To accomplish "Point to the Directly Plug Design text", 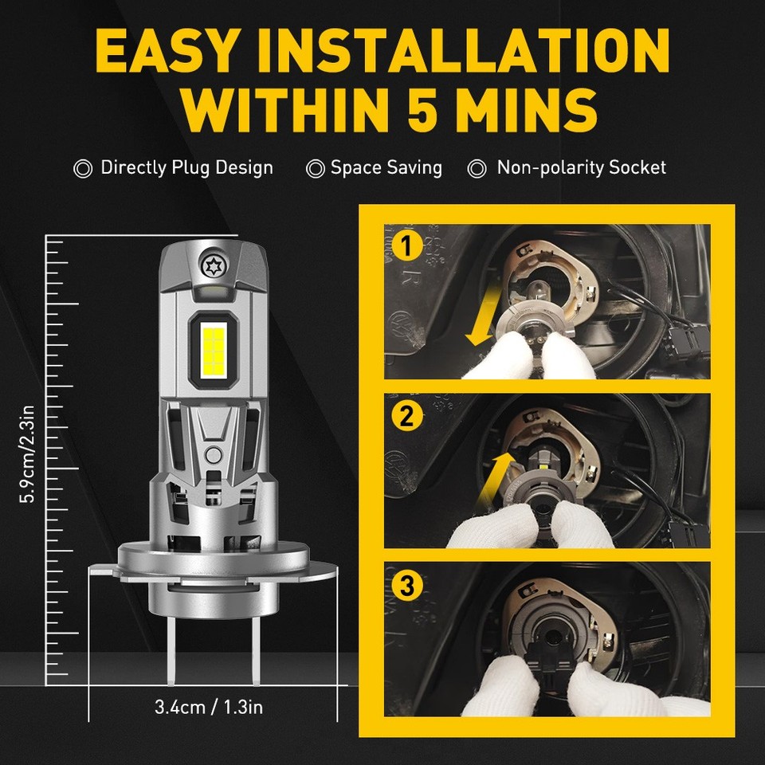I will [x=186, y=168].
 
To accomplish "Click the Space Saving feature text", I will [x=386, y=168].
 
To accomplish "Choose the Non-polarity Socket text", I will [x=581, y=168].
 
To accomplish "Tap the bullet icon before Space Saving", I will [x=316, y=168].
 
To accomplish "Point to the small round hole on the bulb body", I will [x=213, y=455].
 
